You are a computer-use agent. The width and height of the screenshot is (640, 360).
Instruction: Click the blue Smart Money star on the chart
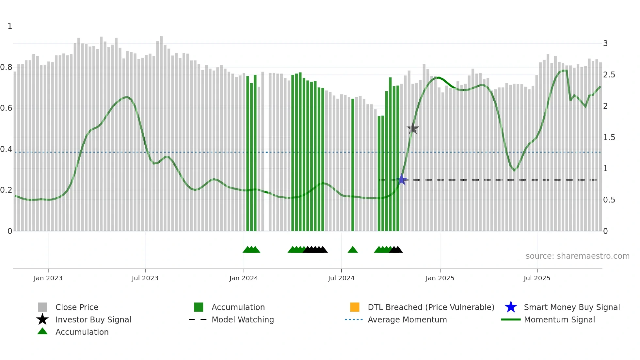pyautogui.click(x=402, y=180)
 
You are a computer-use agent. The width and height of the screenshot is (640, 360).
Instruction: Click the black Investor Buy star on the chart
pyautogui.click(x=413, y=128)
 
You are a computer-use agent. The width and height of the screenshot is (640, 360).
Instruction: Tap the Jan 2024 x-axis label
pyautogui.click(x=244, y=278)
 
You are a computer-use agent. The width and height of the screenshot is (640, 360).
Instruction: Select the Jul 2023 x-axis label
pyautogui.click(x=145, y=278)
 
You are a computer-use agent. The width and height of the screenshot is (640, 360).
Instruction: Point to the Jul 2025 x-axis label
pyautogui.click(x=537, y=278)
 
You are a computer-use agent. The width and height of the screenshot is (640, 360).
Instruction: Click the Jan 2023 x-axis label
pyautogui.click(x=48, y=278)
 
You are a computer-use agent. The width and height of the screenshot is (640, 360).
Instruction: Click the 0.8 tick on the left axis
pyautogui.click(x=7, y=67)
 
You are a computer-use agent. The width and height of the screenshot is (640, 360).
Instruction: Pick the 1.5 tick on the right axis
pyautogui.click(x=609, y=138)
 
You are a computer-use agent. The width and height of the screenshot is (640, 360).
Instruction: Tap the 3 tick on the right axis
pyautogui.click(x=605, y=43)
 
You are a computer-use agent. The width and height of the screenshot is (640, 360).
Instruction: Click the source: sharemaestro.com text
pyautogui.click(x=577, y=256)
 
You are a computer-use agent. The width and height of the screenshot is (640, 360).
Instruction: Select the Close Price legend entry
pyautogui.click(x=77, y=307)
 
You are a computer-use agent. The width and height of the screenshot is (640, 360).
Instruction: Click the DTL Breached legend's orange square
pyautogui.click(x=355, y=307)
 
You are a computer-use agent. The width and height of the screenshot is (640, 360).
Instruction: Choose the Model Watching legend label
pyautogui.click(x=243, y=319)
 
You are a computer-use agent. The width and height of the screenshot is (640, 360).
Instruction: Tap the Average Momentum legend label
pyautogui.click(x=407, y=319)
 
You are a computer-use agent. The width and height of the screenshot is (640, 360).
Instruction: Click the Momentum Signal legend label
pyautogui.click(x=559, y=319)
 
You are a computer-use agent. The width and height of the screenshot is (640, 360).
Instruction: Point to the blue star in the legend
pyautogui.click(x=511, y=307)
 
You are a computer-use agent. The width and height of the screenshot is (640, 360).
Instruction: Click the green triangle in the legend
pyautogui.click(x=42, y=331)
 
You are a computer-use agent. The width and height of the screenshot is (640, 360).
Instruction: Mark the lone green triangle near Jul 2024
pyautogui.click(x=353, y=250)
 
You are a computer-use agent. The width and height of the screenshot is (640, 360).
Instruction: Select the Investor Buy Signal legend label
pyautogui.click(x=93, y=319)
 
